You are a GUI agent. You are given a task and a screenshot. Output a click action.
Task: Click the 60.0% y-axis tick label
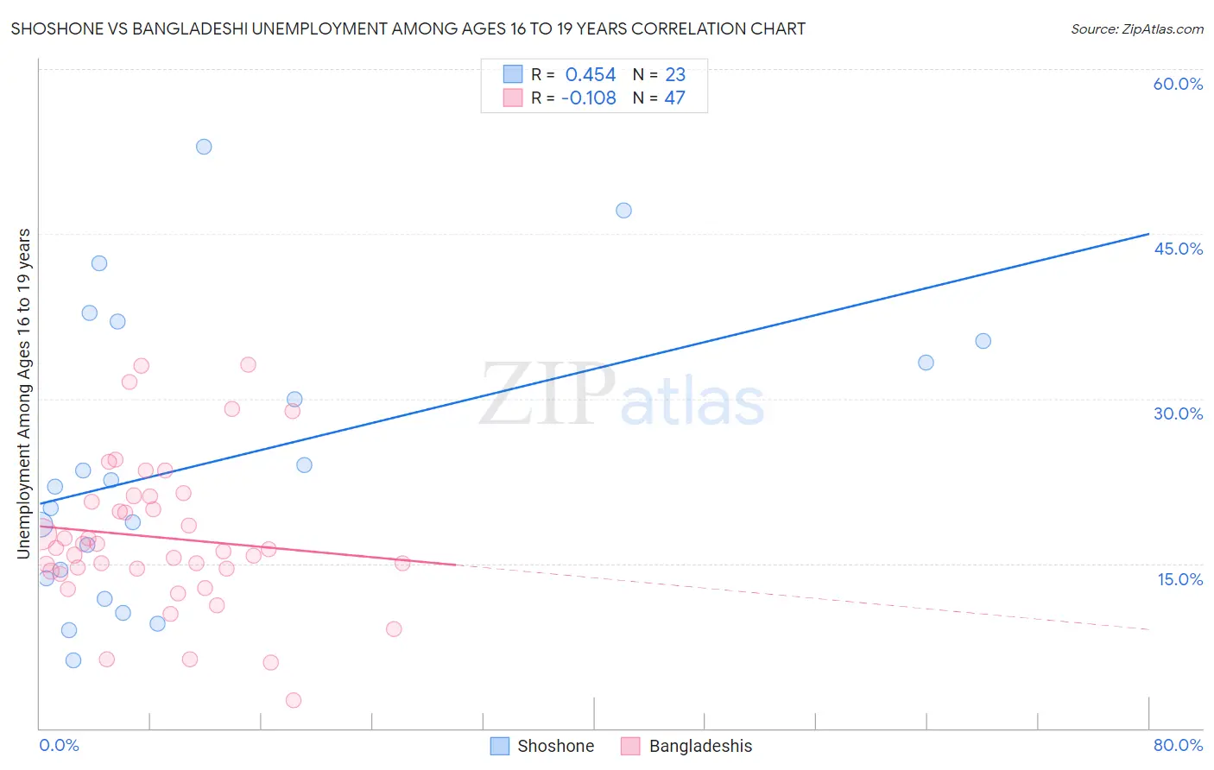coord(1178,84)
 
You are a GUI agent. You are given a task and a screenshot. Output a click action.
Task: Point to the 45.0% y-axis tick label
coord(1178,249)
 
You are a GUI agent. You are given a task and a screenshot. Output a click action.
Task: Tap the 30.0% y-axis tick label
coord(1178,413)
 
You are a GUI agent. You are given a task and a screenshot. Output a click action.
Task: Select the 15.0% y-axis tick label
coord(1179,579)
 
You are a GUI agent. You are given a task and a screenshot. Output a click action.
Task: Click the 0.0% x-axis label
coord(59,745)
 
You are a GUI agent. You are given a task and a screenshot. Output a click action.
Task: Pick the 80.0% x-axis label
coord(1178,745)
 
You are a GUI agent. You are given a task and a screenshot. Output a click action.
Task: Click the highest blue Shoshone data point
coord(204,147)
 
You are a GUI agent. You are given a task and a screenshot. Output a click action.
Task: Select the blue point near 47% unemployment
coord(623,211)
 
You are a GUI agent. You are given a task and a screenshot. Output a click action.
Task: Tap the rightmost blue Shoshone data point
coord(983,341)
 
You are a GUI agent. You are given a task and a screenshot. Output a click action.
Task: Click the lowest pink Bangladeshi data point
coord(294,700)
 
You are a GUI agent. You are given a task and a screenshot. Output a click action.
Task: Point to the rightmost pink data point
coord(402,564)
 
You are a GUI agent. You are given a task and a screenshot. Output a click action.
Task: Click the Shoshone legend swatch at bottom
coord(499,746)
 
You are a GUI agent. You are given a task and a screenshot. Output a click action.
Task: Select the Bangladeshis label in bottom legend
coord(700,746)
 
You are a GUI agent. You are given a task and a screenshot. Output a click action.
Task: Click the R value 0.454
coord(591,75)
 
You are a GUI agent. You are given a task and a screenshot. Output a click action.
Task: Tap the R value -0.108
coord(588,98)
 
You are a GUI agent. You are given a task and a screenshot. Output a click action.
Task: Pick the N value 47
coord(674,98)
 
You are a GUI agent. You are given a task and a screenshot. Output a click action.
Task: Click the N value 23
coord(674,75)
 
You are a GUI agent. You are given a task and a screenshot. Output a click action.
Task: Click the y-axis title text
coord(24,394)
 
